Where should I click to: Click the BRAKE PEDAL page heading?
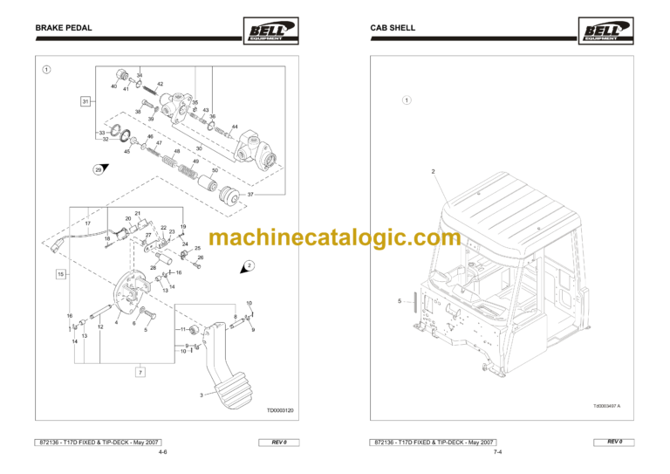point(64,28)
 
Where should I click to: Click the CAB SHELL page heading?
point(393,28)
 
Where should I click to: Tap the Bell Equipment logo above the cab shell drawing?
point(602,32)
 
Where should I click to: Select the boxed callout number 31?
point(85,102)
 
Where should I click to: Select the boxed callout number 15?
point(61,274)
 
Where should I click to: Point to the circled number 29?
point(99,169)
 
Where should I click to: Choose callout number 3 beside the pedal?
point(201,395)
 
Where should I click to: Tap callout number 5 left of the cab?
point(399,301)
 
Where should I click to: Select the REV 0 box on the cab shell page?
point(616,443)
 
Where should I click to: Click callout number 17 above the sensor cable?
point(87,223)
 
